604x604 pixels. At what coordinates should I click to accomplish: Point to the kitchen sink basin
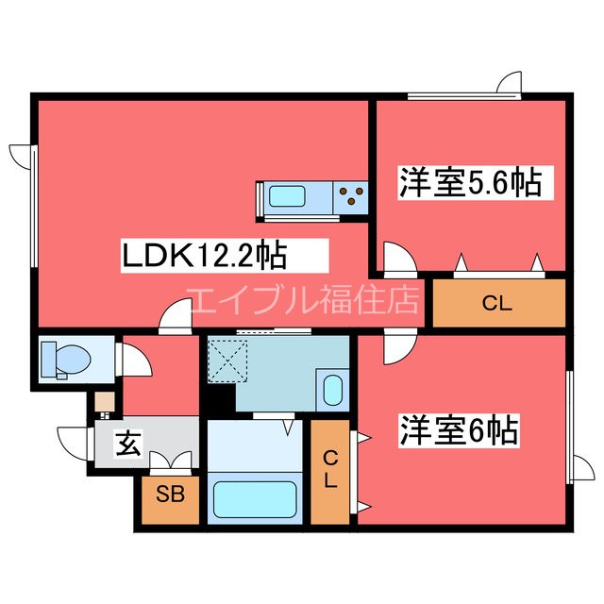[x=288, y=199]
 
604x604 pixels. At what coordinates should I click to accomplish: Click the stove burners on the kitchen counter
[x=353, y=197]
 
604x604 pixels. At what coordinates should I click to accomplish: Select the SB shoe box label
[x=171, y=494]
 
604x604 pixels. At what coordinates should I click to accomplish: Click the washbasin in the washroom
[x=332, y=389]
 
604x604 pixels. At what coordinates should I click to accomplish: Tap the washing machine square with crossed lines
[x=227, y=360]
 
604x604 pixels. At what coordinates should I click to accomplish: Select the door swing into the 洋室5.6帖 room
[x=395, y=257]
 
